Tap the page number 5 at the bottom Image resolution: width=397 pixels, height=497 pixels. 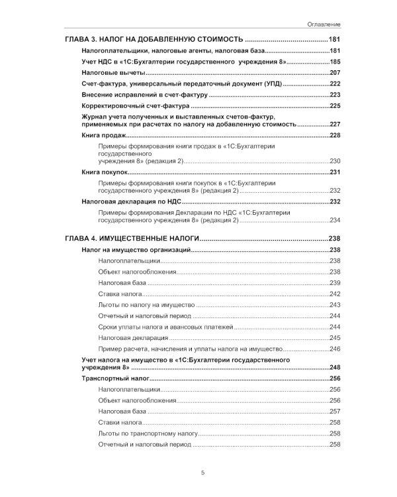pos(202,472)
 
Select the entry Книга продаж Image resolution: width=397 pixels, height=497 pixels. pos(99,135)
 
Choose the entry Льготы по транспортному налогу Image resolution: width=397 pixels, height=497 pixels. pos(148,433)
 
